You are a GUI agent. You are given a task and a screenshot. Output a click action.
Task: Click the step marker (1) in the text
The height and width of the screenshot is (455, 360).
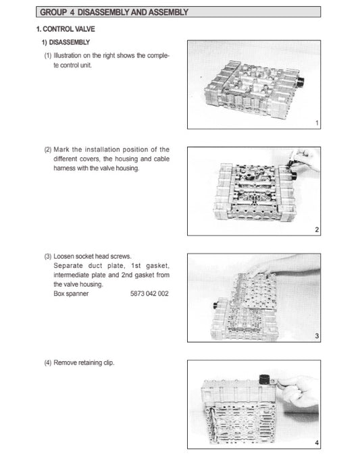tap(47, 55)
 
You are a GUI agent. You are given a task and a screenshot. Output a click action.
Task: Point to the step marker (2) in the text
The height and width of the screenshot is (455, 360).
tap(47, 149)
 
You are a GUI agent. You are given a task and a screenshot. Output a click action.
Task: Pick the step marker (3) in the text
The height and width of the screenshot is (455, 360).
tap(47, 257)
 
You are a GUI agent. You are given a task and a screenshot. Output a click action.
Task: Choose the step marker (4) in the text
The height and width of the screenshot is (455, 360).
tap(47, 363)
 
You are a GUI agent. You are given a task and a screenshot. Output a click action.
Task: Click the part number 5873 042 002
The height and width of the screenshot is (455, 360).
tap(149, 294)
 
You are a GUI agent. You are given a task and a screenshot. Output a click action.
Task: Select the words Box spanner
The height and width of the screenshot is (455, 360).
tap(69, 294)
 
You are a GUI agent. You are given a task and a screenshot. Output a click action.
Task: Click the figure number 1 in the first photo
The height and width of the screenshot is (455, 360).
tap(317, 124)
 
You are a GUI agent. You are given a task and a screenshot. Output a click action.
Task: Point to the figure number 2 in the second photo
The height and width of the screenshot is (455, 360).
tap(317, 230)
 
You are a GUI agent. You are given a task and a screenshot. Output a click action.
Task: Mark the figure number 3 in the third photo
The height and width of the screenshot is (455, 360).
tap(317, 337)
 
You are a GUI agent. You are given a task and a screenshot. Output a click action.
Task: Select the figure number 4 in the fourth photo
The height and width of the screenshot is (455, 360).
tap(317, 442)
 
